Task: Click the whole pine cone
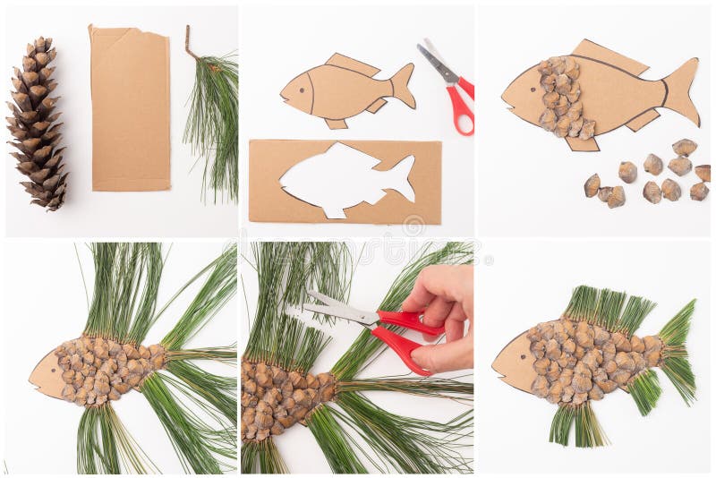pos(37,124)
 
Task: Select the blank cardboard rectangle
pos(130,109)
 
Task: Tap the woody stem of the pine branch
pos(191,45)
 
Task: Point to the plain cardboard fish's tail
pos(403,87)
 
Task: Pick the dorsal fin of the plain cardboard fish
pos(351,64)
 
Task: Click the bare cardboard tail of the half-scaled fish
pos(682,90)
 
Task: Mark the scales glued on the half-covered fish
pos(562,98)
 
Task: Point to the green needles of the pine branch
pos(213,125)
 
